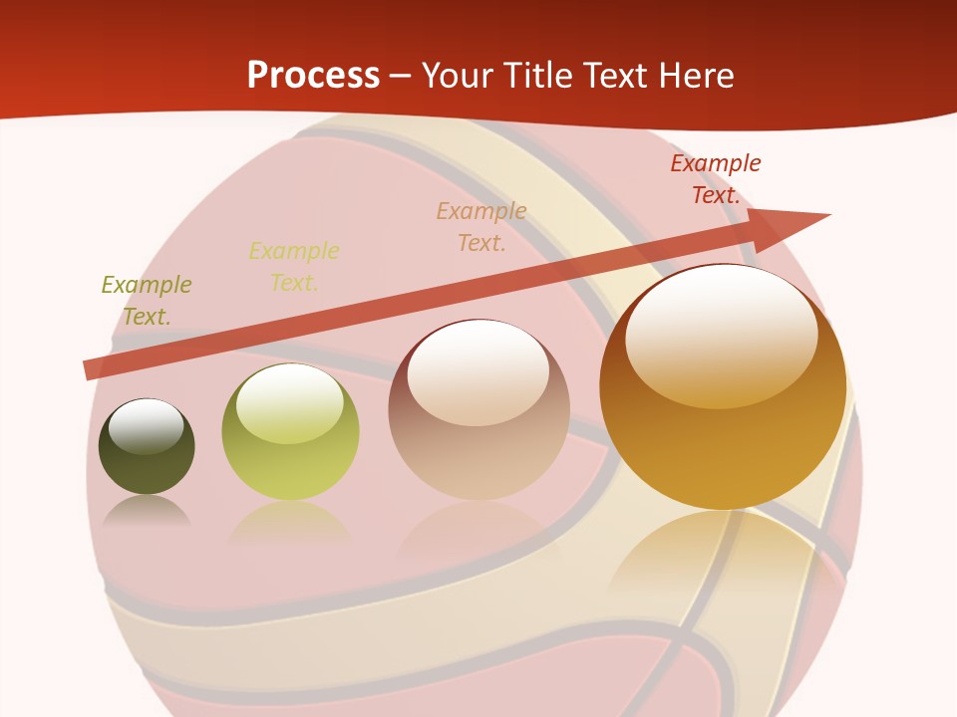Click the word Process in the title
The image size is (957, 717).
[x=313, y=76]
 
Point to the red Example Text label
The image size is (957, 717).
[x=715, y=179]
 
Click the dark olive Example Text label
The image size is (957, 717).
[x=147, y=301]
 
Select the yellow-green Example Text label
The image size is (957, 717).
[x=294, y=267]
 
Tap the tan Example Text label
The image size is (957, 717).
[x=481, y=227]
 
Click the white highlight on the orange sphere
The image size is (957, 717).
[x=721, y=334]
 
